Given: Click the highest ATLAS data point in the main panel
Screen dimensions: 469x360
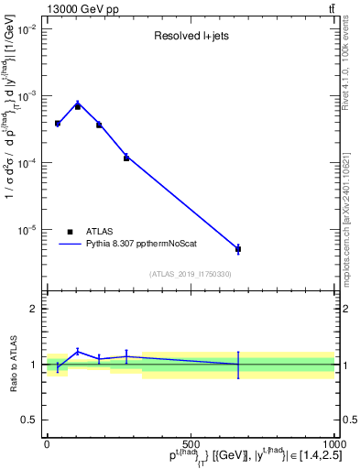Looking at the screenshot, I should coord(78,106).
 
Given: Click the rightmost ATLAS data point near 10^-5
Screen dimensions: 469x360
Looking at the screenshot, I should coord(238,249).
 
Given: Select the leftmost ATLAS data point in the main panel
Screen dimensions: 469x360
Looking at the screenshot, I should coord(57,123).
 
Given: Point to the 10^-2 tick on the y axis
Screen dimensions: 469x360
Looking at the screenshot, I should coord(27,29).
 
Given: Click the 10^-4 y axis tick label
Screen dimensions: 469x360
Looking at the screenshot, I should coord(27,163).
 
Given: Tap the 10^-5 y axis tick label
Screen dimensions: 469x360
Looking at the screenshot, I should coord(27,230).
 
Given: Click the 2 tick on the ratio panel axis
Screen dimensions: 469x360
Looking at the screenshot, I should coord(34,309).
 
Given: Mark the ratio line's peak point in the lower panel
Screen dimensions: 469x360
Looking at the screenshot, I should coord(78,351).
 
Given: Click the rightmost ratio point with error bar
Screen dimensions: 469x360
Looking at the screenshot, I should coord(238,364).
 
